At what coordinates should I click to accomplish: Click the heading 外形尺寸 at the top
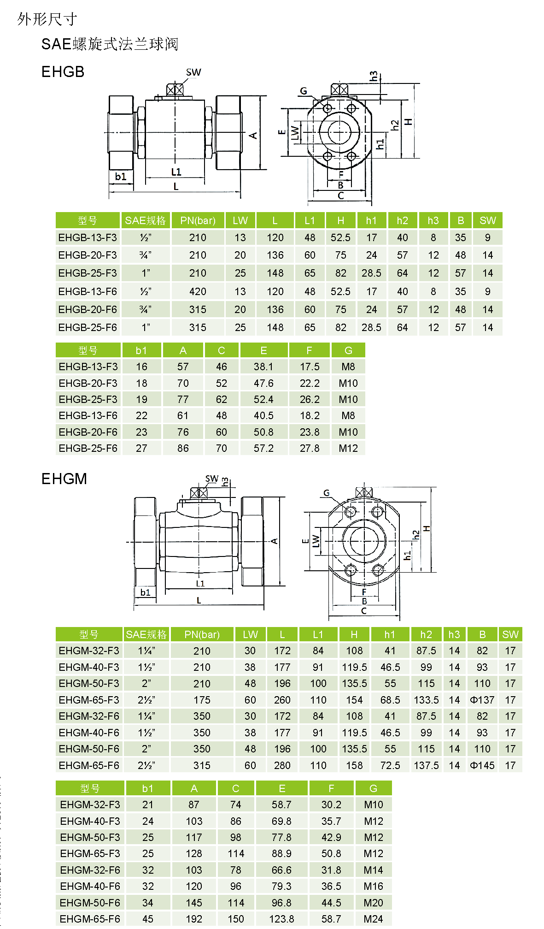[47, 19]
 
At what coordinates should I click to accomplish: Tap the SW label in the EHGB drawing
[193, 72]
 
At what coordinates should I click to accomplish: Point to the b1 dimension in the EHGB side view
[121, 177]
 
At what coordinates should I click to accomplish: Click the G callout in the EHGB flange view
[303, 91]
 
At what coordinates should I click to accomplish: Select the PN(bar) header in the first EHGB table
[198, 220]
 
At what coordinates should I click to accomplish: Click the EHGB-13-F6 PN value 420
[198, 291]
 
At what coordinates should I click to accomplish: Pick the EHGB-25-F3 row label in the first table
[88, 273]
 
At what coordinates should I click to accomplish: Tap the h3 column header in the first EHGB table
[433, 220]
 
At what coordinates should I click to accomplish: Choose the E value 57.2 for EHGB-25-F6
[263, 448]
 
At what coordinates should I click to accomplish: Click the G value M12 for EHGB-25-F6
[348, 448]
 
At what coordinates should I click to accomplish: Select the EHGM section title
[64, 479]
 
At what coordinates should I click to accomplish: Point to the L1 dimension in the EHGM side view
[200, 583]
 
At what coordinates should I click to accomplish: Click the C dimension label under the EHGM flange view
[364, 611]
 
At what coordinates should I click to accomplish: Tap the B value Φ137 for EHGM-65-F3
[482, 700]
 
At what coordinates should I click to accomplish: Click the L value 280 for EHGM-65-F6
[282, 765]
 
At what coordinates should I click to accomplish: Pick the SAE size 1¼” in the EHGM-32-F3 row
[146, 651]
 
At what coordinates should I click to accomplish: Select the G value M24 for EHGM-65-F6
[373, 919]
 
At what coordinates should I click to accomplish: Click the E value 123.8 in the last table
[281, 919]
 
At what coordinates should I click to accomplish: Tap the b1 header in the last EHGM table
[147, 788]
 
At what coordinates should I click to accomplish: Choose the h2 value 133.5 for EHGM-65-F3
[426, 700]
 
